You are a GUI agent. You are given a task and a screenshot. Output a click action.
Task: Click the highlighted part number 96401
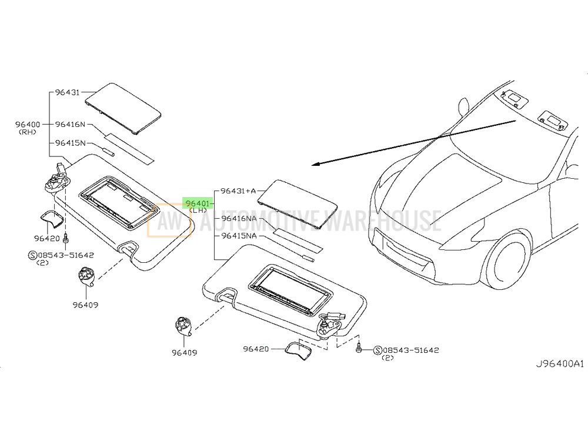pyautogui.click(x=197, y=203)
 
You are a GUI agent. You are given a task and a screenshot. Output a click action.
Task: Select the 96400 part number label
pyautogui.click(x=28, y=124)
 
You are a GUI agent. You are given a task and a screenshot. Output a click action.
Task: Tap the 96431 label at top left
pyautogui.click(x=68, y=92)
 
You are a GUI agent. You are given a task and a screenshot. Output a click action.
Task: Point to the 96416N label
pyautogui.click(x=71, y=124)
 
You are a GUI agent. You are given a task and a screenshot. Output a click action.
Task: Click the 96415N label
pyautogui.click(x=71, y=143)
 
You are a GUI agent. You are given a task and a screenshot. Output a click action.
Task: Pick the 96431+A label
pyautogui.click(x=238, y=191)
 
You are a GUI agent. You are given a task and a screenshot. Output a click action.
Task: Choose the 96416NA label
pyautogui.click(x=239, y=218)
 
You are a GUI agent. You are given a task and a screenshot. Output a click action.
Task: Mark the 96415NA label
pyautogui.click(x=239, y=236)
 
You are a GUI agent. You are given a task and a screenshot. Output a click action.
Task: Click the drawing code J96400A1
pyautogui.click(x=560, y=363)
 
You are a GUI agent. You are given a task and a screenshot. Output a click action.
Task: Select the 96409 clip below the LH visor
pyautogui.click(x=184, y=326)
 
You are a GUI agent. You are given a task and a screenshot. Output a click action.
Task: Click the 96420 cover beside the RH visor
pyautogui.click(x=52, y=219)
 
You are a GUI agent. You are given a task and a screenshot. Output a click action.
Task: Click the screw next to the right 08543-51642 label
pyautogui.click(x=359, y=348)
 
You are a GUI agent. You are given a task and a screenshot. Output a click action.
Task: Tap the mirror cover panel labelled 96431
pyautogui.click(x=123, y=108)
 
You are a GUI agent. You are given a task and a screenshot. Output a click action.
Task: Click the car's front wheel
pyautogui.click(x=509, y=259)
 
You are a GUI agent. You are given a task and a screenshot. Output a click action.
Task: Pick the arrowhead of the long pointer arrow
pyautogui.click(x=316, y=164)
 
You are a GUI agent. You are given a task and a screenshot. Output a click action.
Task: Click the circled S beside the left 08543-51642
pyautogui.click(x=32, y=255)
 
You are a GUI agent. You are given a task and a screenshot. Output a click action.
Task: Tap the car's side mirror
pyautogui.click(x=463, y=106)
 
